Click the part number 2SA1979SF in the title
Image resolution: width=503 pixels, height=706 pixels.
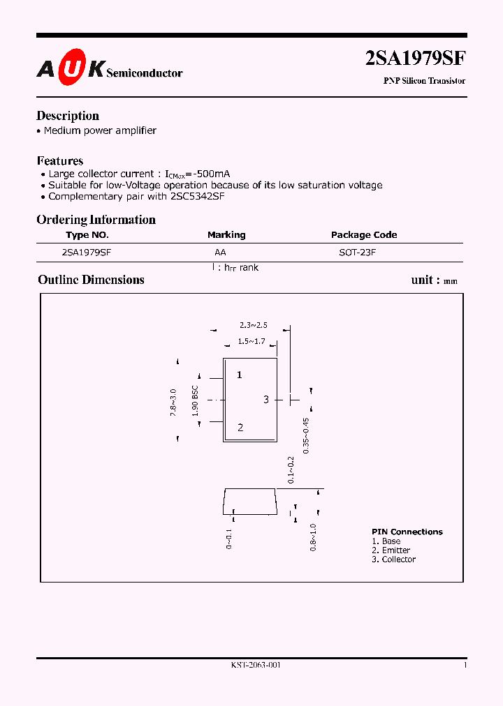[415, 59]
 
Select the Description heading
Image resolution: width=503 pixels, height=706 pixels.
[68, 116]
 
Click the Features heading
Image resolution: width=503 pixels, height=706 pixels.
[60, 160]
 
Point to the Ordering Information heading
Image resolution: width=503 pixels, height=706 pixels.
[96, 220]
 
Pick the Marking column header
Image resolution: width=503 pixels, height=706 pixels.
[226, 235]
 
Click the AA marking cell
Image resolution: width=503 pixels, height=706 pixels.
[220, 253]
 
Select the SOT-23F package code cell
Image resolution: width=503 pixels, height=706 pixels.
[357, 253]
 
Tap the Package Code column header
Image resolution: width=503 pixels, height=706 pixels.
[364, 235]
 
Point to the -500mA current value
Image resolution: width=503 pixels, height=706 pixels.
[207, 174]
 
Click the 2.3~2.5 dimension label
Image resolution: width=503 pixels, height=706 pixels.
[253, 325]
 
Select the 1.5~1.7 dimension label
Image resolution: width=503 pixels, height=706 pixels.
[251, 341]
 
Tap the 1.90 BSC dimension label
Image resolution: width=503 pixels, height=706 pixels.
[196, 400]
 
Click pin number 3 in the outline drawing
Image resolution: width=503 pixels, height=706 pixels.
[266, 399]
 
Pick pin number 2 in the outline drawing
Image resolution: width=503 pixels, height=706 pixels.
[240, 428]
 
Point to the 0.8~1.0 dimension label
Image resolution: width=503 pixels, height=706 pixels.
[313, 538]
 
